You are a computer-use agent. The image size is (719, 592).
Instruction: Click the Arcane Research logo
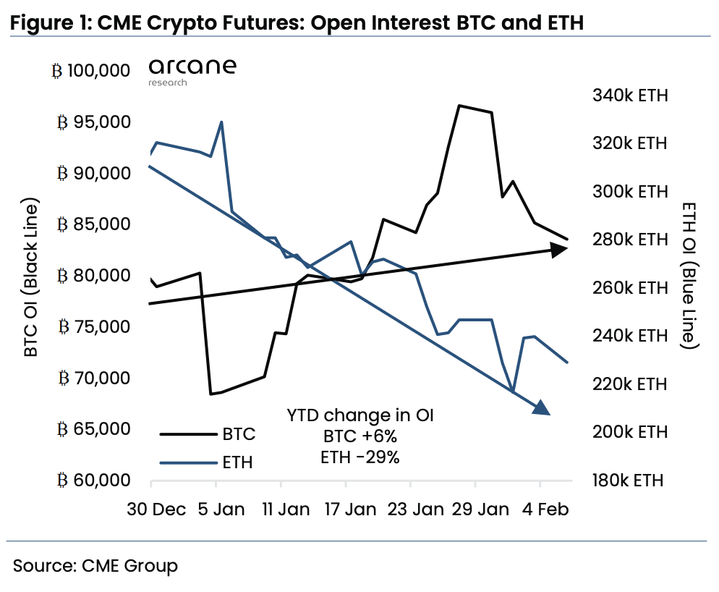[x=192, y=72]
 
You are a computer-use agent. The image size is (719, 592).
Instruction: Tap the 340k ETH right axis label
[x=629, y=96]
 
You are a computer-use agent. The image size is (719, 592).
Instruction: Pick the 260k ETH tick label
[x=629, y=288]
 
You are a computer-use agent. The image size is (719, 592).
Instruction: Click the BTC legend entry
[x=207, y=434]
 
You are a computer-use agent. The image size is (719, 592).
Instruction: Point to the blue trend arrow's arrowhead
[x=541, y=409]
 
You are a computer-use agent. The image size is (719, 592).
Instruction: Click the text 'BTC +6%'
[x=359, y=436]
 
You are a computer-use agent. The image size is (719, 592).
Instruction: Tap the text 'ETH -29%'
[x=359, y=457]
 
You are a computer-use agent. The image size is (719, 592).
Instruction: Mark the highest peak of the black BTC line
[x=459, y=106]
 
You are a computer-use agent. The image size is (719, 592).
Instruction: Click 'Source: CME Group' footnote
[x=95, y=565]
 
